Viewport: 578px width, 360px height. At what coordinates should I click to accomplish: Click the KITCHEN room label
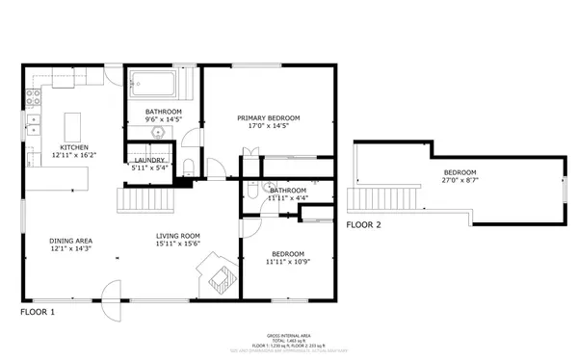pos(73,147)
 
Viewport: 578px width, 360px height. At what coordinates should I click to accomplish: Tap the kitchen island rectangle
pos(72,126)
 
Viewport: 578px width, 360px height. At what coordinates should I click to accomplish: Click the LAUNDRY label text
pos(150,161)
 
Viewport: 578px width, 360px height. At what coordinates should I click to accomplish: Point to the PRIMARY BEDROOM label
pos(269,117)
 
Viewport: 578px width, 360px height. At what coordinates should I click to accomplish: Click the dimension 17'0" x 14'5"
pos(269,125)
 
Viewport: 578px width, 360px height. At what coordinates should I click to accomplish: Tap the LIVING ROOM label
pos(178,236)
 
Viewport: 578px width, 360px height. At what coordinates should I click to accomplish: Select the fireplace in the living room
pos(216,276)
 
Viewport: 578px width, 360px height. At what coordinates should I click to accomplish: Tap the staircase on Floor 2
pos(384,199)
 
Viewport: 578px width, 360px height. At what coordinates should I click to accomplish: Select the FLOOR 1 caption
pos(38,313)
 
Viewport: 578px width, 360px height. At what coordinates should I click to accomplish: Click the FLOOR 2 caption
pos(364,225)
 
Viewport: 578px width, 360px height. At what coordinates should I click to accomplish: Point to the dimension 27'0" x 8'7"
pos(460,180)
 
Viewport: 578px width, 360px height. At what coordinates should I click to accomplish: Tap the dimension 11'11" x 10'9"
pos(288,262)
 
